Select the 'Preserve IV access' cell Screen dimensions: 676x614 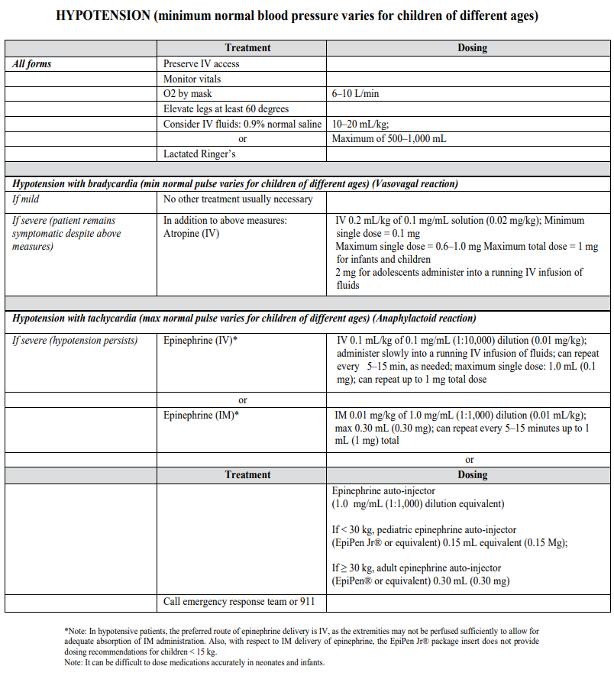click(x=201, y=63)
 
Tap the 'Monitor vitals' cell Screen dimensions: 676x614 click(x=192, y=79)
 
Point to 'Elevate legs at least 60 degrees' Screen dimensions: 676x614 click(x=226, y=109)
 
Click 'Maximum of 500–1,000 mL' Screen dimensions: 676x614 click(x=389, y=139)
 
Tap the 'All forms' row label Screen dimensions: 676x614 click(x=33, y=63)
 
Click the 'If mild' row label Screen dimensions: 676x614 click(x=29, y=199)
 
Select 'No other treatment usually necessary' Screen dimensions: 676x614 click(x=238, y=199)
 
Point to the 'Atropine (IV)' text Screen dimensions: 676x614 click(x=192, y=234)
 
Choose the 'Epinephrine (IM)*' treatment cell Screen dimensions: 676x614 click(x=202, y=416)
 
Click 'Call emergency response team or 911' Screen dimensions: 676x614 click(x=239, y=602)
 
